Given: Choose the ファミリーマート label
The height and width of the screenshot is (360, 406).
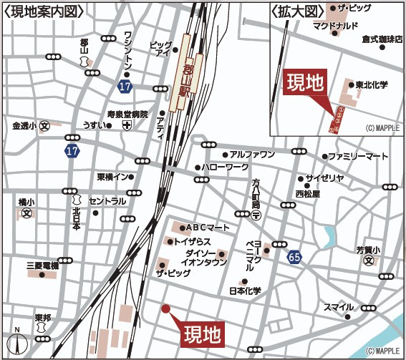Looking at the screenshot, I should pos(357,156).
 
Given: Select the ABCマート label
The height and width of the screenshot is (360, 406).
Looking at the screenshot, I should pos(208,227).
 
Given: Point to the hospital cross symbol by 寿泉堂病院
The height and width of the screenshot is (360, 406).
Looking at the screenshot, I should pos(127,125).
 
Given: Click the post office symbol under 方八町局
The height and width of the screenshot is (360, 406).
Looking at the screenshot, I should pos(256,215).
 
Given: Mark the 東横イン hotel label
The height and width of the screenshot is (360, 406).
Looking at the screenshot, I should pos(113,177).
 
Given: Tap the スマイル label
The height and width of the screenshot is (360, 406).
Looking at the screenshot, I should pos(339,307).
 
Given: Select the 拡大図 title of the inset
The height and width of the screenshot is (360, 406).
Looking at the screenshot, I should pos(294,11).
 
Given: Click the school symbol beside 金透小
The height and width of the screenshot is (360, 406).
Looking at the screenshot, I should pos(44,126).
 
